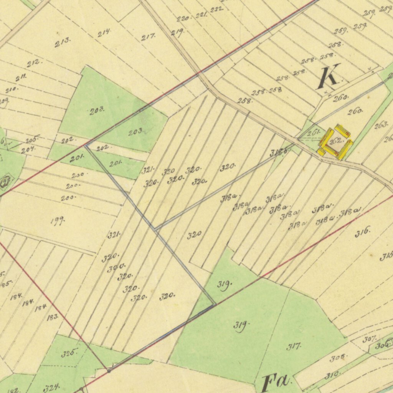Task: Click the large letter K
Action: click(x=329, y=78)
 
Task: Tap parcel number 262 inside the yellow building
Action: click(x=336, y=141)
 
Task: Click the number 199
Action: click(x=58, y=221)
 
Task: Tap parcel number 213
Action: click(x=63, y=42)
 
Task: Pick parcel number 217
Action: click(x=148, y=37)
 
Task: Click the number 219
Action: click(x=177, y=33)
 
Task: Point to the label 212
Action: click(x=34, y=62)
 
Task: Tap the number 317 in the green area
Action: click(x=294, y=347)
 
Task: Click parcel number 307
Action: click(x=369, y=339)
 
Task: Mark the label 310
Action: click(x=332, y=375)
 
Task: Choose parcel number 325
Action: click(x=69, y=353)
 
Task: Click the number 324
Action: click(x=51, y=388)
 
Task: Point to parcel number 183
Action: click(x=53, y=317)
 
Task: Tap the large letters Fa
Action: click(x=276, y=383)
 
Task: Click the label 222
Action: click(x=216, y=9)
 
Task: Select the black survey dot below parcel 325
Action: click(x=109, y=371)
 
